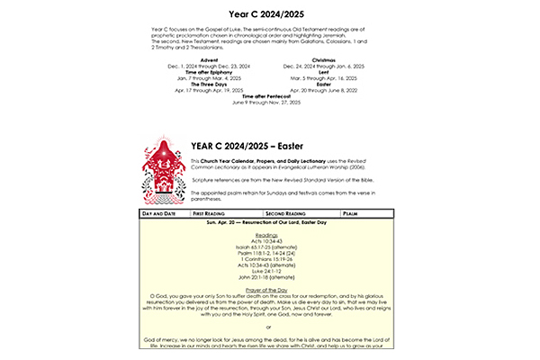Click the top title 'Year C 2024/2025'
coord(270,13)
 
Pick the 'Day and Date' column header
coord(158,213)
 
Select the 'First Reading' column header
coord(213,213)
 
